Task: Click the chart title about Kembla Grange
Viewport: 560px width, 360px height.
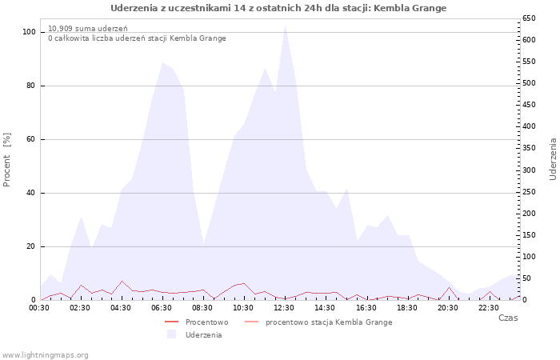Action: coord(278,8)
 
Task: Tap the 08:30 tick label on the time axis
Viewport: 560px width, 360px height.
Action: coord(202,308)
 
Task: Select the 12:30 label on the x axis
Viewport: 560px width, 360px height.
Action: coord(284,308)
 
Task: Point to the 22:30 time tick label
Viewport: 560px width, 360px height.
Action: coord(489,308)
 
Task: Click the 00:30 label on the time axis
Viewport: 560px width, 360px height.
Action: coord(39,308)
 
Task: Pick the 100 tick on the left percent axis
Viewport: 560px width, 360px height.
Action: coord(29,32)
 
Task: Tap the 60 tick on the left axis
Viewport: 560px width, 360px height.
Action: coord(30,139)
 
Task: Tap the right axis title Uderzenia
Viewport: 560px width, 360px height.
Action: coord(553,158)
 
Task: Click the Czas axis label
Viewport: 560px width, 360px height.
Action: coord(507,318)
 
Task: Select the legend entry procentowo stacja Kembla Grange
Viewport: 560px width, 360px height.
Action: coord(328,322)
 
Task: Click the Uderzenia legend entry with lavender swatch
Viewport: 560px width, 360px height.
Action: coord(203,335)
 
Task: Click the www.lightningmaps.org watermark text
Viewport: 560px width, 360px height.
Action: coord(46,354)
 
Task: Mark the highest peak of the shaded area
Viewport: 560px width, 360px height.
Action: coord(285,25)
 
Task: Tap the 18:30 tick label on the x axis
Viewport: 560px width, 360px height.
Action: coord(407,308)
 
